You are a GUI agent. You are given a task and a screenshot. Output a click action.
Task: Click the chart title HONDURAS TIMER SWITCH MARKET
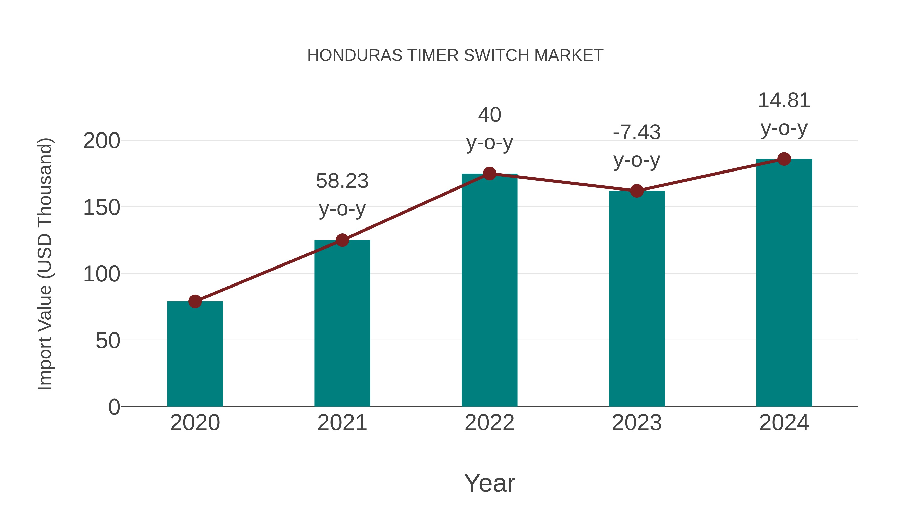pos(455,55)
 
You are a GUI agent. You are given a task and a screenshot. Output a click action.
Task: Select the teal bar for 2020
pos(195,354)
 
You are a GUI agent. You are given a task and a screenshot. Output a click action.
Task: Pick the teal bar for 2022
pos(489,290)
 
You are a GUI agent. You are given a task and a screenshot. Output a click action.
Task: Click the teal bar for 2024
pos(784,283)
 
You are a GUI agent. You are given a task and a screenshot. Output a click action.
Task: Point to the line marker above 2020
pos(195,302)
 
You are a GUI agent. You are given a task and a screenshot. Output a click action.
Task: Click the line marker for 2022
pos(489,174)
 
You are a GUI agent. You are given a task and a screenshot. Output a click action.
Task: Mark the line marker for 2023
pos(637,191)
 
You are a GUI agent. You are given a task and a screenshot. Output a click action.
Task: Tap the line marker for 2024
pos(784,159)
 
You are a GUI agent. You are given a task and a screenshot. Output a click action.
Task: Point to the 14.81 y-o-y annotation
pos(784,114)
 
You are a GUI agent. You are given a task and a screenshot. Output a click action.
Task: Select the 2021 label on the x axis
pos(342,423)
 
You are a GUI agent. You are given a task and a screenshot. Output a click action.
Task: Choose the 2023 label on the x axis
pos(637,423)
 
